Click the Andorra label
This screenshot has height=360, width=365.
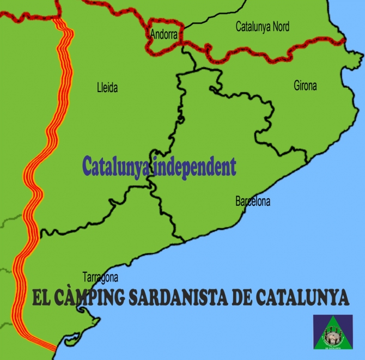(x=164, y=34)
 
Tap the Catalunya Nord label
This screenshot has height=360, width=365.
(x=262, y=26)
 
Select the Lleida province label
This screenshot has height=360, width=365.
(x=107, y=88)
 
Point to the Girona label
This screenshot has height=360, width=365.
(x=305, y=86)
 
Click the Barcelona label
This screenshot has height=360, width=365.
(x=252, y=202)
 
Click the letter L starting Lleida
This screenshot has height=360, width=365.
(x=99, y=88)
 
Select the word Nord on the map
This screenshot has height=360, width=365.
(x=281, y=26)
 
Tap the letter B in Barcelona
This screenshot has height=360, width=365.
(x=238, y=202)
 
